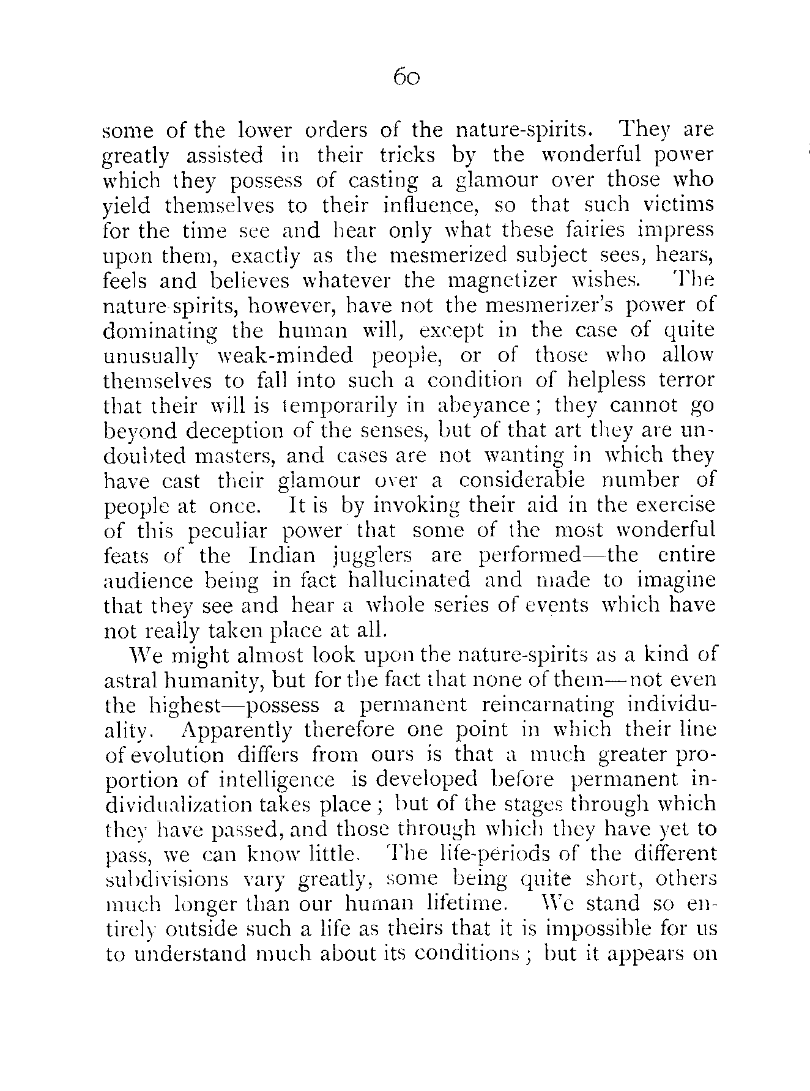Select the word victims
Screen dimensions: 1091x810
pyautogui.click(x=678, y=205)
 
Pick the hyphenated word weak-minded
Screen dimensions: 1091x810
pyautogui.click(x=286, y=356)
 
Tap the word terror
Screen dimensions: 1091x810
pyautogui.click(x=686, y=380)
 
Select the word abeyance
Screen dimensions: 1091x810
pyautogui.click(x=484, y=406)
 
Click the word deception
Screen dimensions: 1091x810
pyautogui.click(x=236, y=431)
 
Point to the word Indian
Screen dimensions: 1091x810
pyautogui.click(x=282, y=556)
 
